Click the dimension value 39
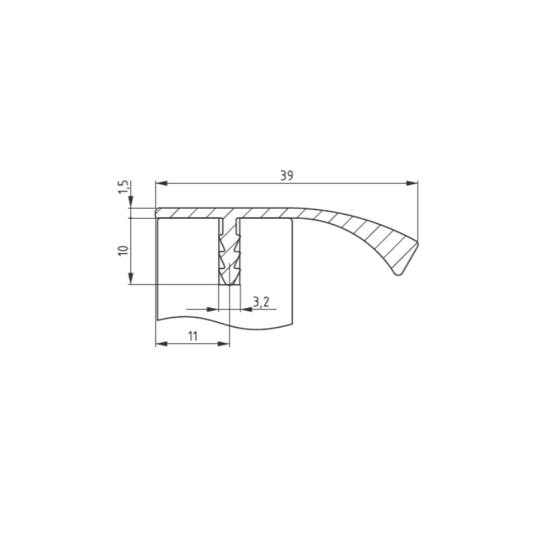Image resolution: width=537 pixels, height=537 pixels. click(287, 175)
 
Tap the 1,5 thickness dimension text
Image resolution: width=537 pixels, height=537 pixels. click(124, 187)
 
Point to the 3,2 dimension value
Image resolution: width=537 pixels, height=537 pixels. click(261, 302)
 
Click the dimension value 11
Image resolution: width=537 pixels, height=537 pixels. click(193, 336)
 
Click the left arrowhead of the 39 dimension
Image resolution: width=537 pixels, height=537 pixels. click(161, 183)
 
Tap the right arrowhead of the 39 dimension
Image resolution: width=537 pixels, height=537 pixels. click(412, 183)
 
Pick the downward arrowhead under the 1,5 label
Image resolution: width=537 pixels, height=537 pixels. click(131, 202)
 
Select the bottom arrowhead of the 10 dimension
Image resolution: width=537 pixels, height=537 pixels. click(131, 278)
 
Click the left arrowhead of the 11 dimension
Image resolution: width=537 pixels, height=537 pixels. click(161, 344)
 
